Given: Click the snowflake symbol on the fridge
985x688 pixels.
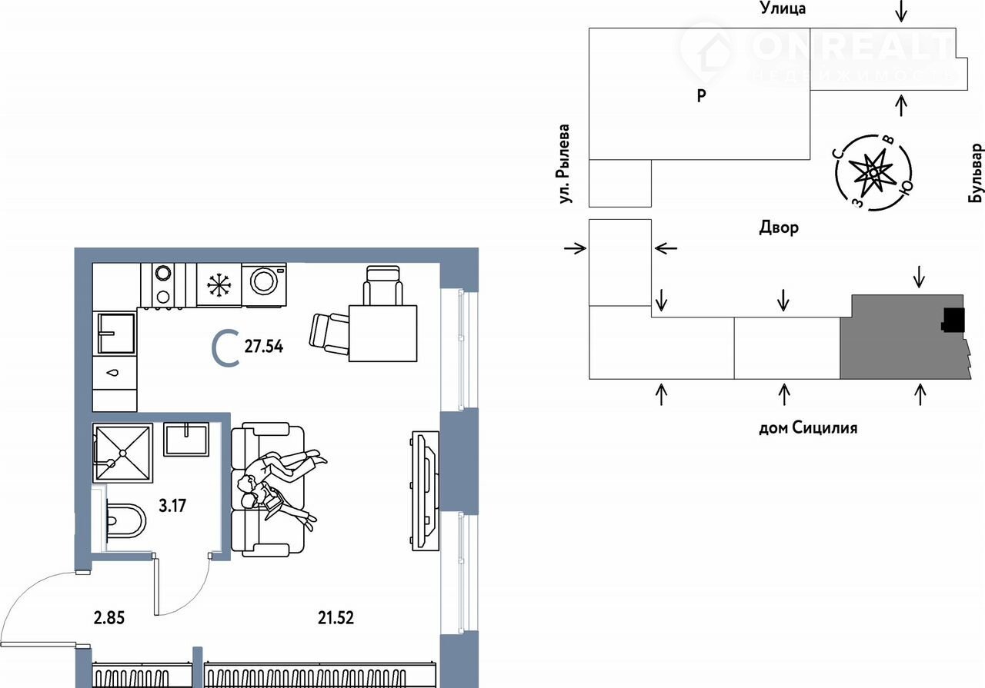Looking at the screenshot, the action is click(219, 284).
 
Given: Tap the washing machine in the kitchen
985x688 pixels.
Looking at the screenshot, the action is click(264, 284).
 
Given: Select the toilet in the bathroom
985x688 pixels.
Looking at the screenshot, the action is click(125, 520).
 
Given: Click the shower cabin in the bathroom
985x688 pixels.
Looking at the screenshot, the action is click(122, 453).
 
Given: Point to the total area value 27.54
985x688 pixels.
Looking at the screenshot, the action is click(264, 347).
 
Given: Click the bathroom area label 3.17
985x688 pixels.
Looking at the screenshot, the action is click(172, 506).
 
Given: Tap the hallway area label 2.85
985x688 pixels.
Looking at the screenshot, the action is click(109, 618).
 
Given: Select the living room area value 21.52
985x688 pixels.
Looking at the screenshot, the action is click(336, 618).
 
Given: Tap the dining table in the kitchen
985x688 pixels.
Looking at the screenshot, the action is click(382, 334).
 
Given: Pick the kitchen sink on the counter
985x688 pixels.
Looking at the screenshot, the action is click(115, 333).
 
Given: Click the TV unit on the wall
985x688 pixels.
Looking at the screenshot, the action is click(426, 490).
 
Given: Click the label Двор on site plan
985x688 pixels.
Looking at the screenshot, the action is click(778, 228).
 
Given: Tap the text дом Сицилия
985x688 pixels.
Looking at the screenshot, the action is click(808, 427).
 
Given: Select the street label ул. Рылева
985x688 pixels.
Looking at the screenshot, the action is click(564, 164).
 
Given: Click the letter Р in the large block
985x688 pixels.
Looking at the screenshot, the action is click(701, 95).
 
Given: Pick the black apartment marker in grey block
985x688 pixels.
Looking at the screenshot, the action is click(953, 320).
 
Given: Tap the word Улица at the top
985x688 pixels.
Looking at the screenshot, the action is click(783, 8).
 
